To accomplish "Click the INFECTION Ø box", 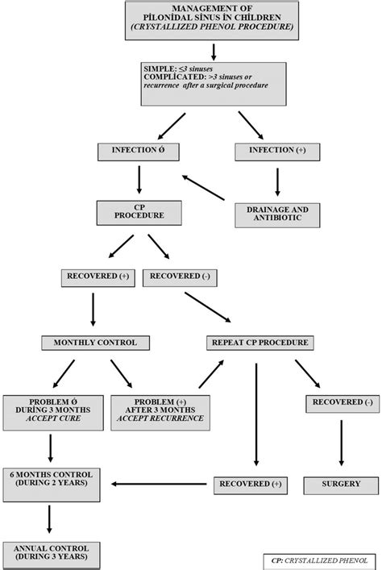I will point(140,150).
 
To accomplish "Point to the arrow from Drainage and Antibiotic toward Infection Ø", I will point(204,186).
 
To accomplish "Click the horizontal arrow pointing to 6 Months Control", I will point(161,485).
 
